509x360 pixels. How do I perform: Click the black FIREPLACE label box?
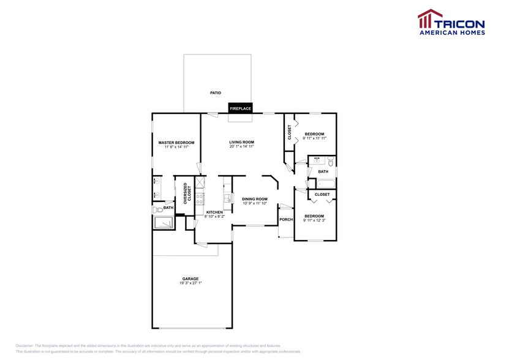pos(241,108)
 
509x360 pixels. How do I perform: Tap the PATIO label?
pos(215,92)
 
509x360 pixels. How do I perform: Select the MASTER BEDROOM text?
pos(176,143)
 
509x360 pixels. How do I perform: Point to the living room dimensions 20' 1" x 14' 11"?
pos(241,147)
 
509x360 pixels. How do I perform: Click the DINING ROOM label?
pos(255,199)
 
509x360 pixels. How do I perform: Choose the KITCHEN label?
pos(214,212)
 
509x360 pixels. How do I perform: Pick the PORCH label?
pos(286,219)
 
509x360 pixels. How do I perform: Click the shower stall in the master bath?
pos(164,223)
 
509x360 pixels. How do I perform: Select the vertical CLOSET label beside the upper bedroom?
pos(289,132)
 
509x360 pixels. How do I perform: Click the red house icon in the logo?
pos(426,20)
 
